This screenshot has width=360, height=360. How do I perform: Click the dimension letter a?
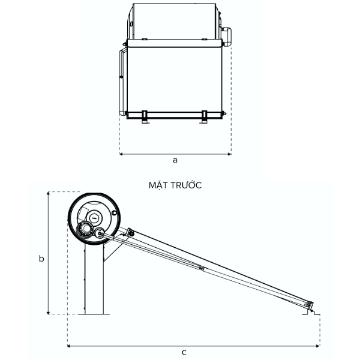(x=175, y=160)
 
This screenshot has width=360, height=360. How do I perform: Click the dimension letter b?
(x=41, y=259)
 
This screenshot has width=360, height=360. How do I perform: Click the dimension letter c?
(x=184, y=352)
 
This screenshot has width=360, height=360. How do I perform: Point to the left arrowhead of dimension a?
(x=122, y=154)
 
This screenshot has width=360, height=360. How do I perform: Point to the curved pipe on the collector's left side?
(x=122, y=81)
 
